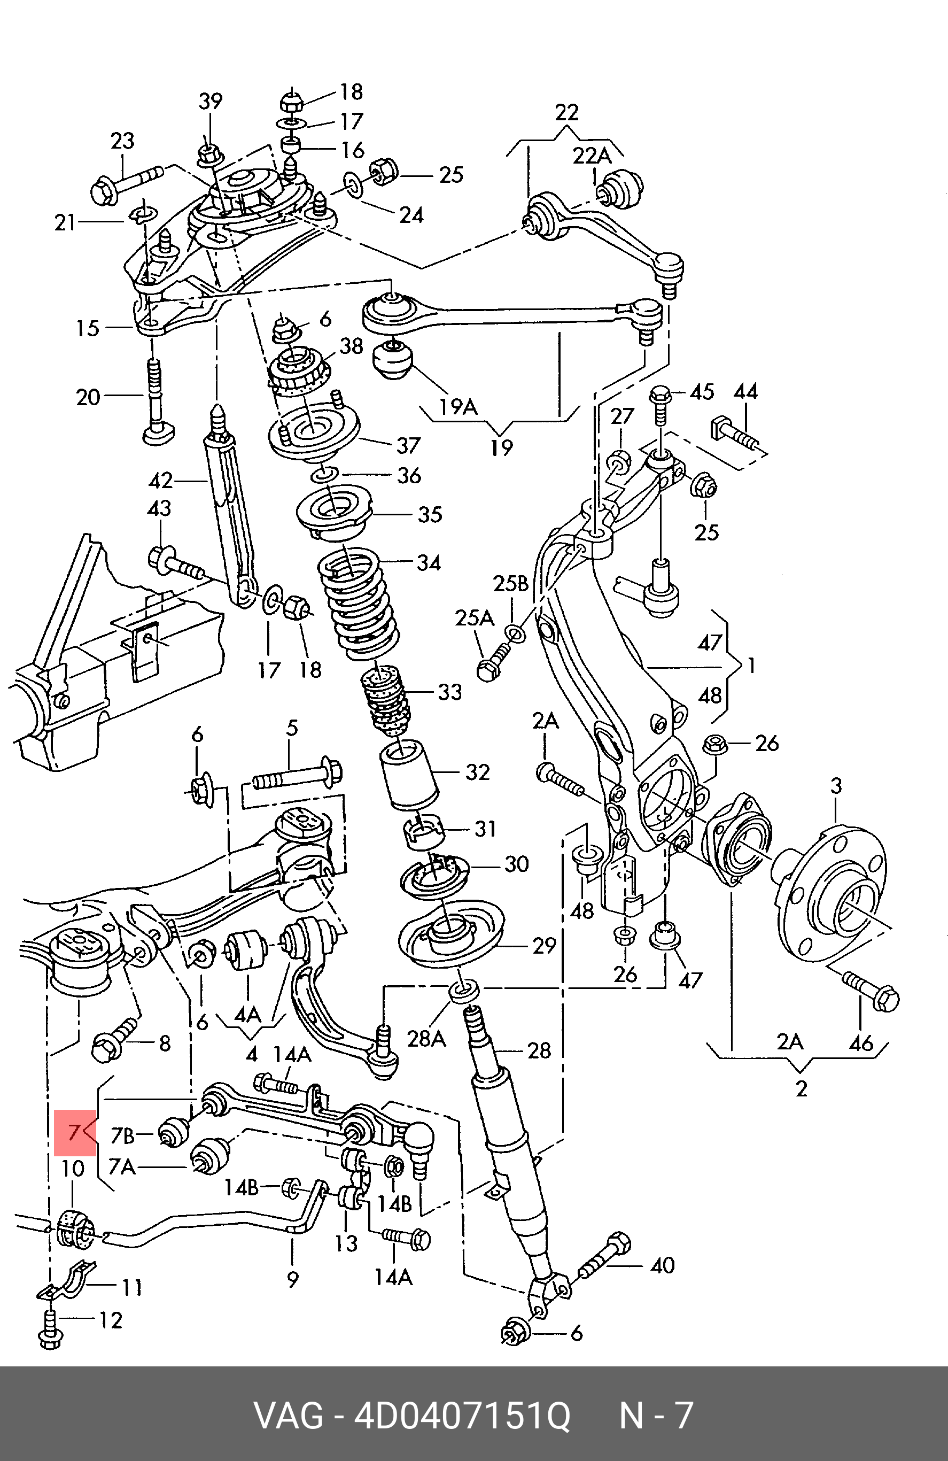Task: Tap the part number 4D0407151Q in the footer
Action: (x=463, y=1416)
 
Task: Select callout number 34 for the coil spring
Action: (x=428, y=562)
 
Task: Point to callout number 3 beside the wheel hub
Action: (x=836, y=786)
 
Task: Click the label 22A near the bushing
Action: (x=592, y=156)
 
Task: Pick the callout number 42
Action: (x=160, y=481)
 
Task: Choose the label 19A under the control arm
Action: (x=459, y=406)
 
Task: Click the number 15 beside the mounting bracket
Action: (x=87, y=328)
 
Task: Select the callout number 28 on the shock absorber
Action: (x=539, y=1050)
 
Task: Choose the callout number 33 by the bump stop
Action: (x=449, y=692)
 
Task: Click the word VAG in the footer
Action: (x=289, y=1416)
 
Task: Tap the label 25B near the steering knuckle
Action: (x=510, y=584)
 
